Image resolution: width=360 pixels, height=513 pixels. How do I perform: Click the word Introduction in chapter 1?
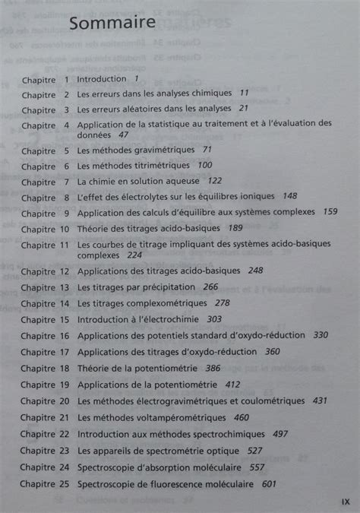(x=102, y=78)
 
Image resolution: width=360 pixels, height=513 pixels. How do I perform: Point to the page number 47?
(x=124, y=135)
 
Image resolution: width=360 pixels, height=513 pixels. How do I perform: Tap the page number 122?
(x=215, y=181)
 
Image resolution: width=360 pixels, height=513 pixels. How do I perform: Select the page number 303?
(x=214, y=319)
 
